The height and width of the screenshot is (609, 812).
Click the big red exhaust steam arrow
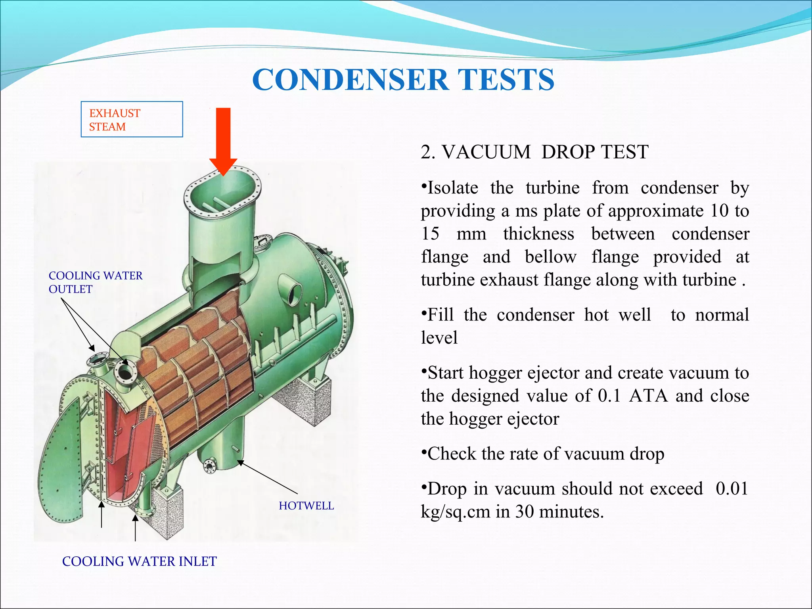coord(223,139)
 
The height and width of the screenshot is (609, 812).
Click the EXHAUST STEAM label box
coord(132,119)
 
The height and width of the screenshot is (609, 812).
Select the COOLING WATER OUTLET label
coord(95,282)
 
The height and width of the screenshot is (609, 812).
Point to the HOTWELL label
coord(306,506)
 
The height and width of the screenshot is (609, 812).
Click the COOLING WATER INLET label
coord(139,561)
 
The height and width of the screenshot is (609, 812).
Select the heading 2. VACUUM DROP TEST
coord(534,152)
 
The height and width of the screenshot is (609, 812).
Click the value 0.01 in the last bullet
coord(732,488)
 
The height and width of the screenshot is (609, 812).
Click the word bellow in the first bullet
coord(550,257)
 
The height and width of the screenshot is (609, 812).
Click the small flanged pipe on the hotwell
coord(209,465)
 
